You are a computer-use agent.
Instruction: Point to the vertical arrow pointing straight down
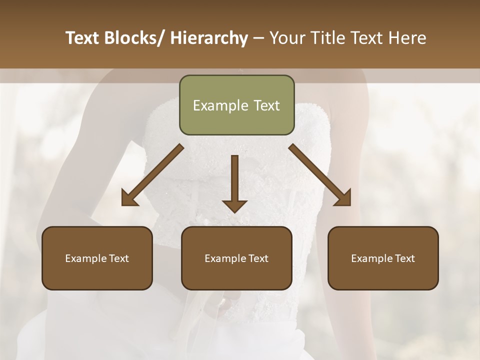234,180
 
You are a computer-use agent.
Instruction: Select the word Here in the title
407,38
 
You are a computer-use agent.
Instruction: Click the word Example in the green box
213,106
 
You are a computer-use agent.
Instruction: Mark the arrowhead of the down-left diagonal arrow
129,198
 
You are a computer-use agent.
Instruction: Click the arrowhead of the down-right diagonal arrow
343,198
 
